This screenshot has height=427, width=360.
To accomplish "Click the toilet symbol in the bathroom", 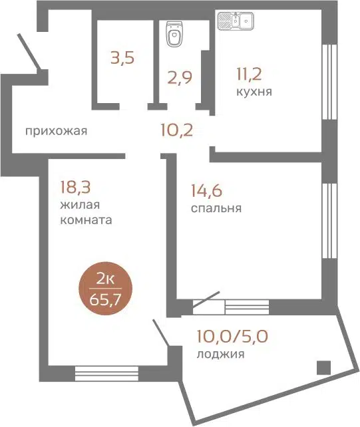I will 174,35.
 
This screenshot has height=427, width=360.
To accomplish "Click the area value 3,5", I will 122,58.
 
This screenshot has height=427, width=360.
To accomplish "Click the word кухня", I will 254,91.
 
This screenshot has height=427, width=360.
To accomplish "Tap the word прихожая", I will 56,130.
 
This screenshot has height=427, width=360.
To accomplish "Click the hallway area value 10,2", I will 176,129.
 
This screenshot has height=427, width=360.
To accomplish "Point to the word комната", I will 81,219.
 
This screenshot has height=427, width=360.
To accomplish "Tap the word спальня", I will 216,208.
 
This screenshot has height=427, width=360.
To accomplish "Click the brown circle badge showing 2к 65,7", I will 105,292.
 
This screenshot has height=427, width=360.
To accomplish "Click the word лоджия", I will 220,355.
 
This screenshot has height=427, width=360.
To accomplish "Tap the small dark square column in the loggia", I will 323,366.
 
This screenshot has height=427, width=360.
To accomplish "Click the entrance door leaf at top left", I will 29,49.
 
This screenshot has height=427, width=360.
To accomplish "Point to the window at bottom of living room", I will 106,371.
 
